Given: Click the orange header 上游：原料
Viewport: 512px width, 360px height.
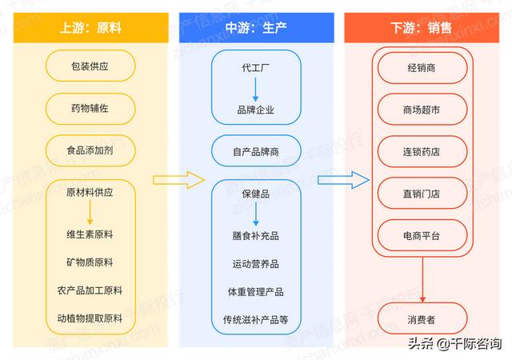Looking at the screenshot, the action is click(x=90, y=28).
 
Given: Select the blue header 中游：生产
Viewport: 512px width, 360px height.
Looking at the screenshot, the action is click(x=256, y=28).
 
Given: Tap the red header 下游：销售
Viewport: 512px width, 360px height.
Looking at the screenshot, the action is click(x=422, y=28).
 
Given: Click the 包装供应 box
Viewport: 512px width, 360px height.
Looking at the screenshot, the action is click(x=90, y=66).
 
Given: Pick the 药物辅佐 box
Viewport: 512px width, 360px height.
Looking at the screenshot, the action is click(x=90, y=109).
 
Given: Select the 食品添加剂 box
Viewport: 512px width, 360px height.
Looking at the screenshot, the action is click(x=90, y=150).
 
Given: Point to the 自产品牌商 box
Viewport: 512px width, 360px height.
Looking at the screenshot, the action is click(x=256, y=151).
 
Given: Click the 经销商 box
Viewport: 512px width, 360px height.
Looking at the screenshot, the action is click(x=422, y=68).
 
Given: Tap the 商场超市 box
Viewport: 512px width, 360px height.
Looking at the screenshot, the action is click(x=422, y=110).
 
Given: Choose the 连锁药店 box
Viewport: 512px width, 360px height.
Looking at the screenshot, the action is click(x=422, y=151).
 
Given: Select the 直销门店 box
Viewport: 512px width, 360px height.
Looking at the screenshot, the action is click(x=422, y=194).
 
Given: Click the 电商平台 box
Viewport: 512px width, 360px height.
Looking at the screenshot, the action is click(x=422, y=235).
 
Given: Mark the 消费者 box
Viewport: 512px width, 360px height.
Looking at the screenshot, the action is click(x=422, y=318).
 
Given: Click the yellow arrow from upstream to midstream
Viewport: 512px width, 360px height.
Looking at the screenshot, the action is click(x=179, y=180).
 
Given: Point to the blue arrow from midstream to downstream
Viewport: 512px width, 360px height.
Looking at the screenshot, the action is click(x=343, y=180).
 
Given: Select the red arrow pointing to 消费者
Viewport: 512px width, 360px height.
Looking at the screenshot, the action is click(x=422, y=280).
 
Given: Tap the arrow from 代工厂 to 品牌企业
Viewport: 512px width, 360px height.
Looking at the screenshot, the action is click(x=256, y=90).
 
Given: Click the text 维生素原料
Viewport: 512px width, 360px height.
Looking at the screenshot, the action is click(x=90, y=234).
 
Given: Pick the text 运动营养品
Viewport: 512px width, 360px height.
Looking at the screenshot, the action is click(x=256, y=264).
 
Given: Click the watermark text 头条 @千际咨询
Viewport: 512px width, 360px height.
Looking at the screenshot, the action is click(x=455, y=343).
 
